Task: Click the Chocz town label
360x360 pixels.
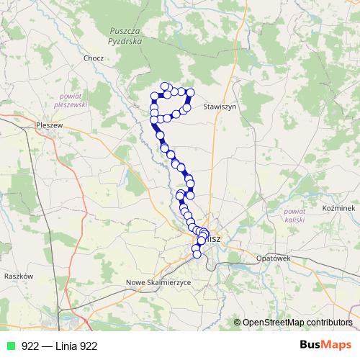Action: [94, 58]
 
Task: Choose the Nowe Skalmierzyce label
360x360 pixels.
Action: [158, 282]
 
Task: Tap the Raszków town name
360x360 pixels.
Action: [19, 276]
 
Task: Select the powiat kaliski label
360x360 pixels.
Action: [295, 216]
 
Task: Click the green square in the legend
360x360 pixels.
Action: [9, 346]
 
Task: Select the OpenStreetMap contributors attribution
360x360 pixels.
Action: [297, 323]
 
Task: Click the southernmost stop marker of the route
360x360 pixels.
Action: [196, 253]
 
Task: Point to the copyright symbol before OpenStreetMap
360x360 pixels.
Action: [238, 323]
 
